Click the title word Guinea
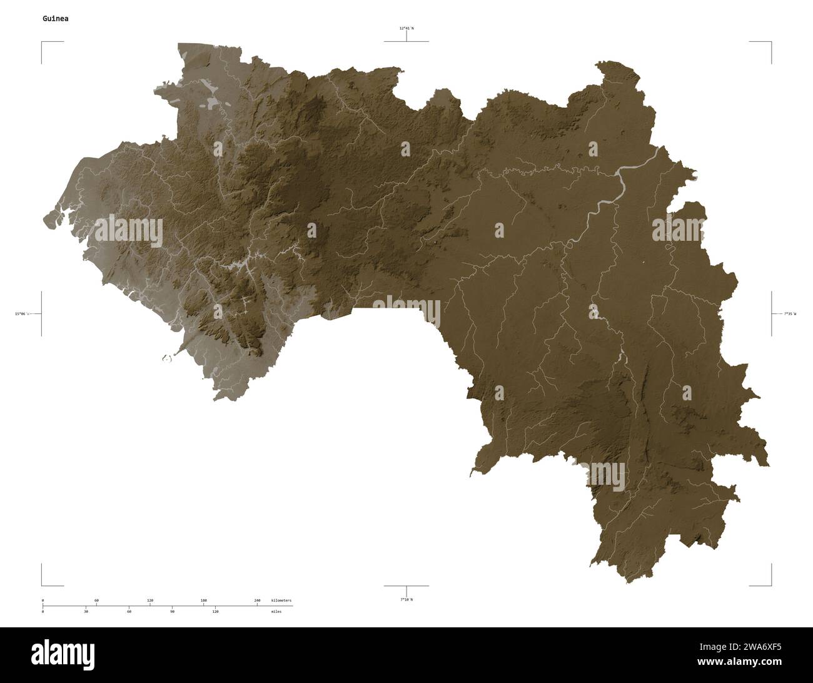56,19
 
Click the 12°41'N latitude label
406,28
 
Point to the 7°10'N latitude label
406,599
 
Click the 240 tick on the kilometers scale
257,600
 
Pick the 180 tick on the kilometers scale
203,600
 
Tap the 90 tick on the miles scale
172,611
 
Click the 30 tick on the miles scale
86,611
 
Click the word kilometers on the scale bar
281,600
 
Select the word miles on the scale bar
276,611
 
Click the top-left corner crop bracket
43,43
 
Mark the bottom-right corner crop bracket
770,585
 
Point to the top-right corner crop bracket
770,43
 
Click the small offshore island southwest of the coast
167,358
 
